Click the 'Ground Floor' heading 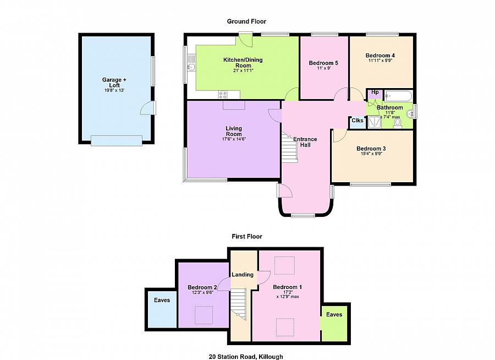click(246, 21)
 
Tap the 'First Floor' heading click(247, 236)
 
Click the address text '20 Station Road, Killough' click(246, 357)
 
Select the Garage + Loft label click(114, 83)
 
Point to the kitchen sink click(191, 63)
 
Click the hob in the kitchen click(223, 94)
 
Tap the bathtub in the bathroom click(398, 96)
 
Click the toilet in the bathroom click(398, 123)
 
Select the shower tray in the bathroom click(375, 122)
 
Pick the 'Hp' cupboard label click(375, 92)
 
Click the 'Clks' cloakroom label click(358, 121)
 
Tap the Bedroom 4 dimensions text click(380, 61)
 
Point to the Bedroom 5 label click(323, 63)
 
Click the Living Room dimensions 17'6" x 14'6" click(234, 139)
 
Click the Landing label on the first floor click(243, 275)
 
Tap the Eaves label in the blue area click(162, 300)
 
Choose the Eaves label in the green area click(334, 314)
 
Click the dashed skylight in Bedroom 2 click(204, 315)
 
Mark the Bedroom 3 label click(371, 149)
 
